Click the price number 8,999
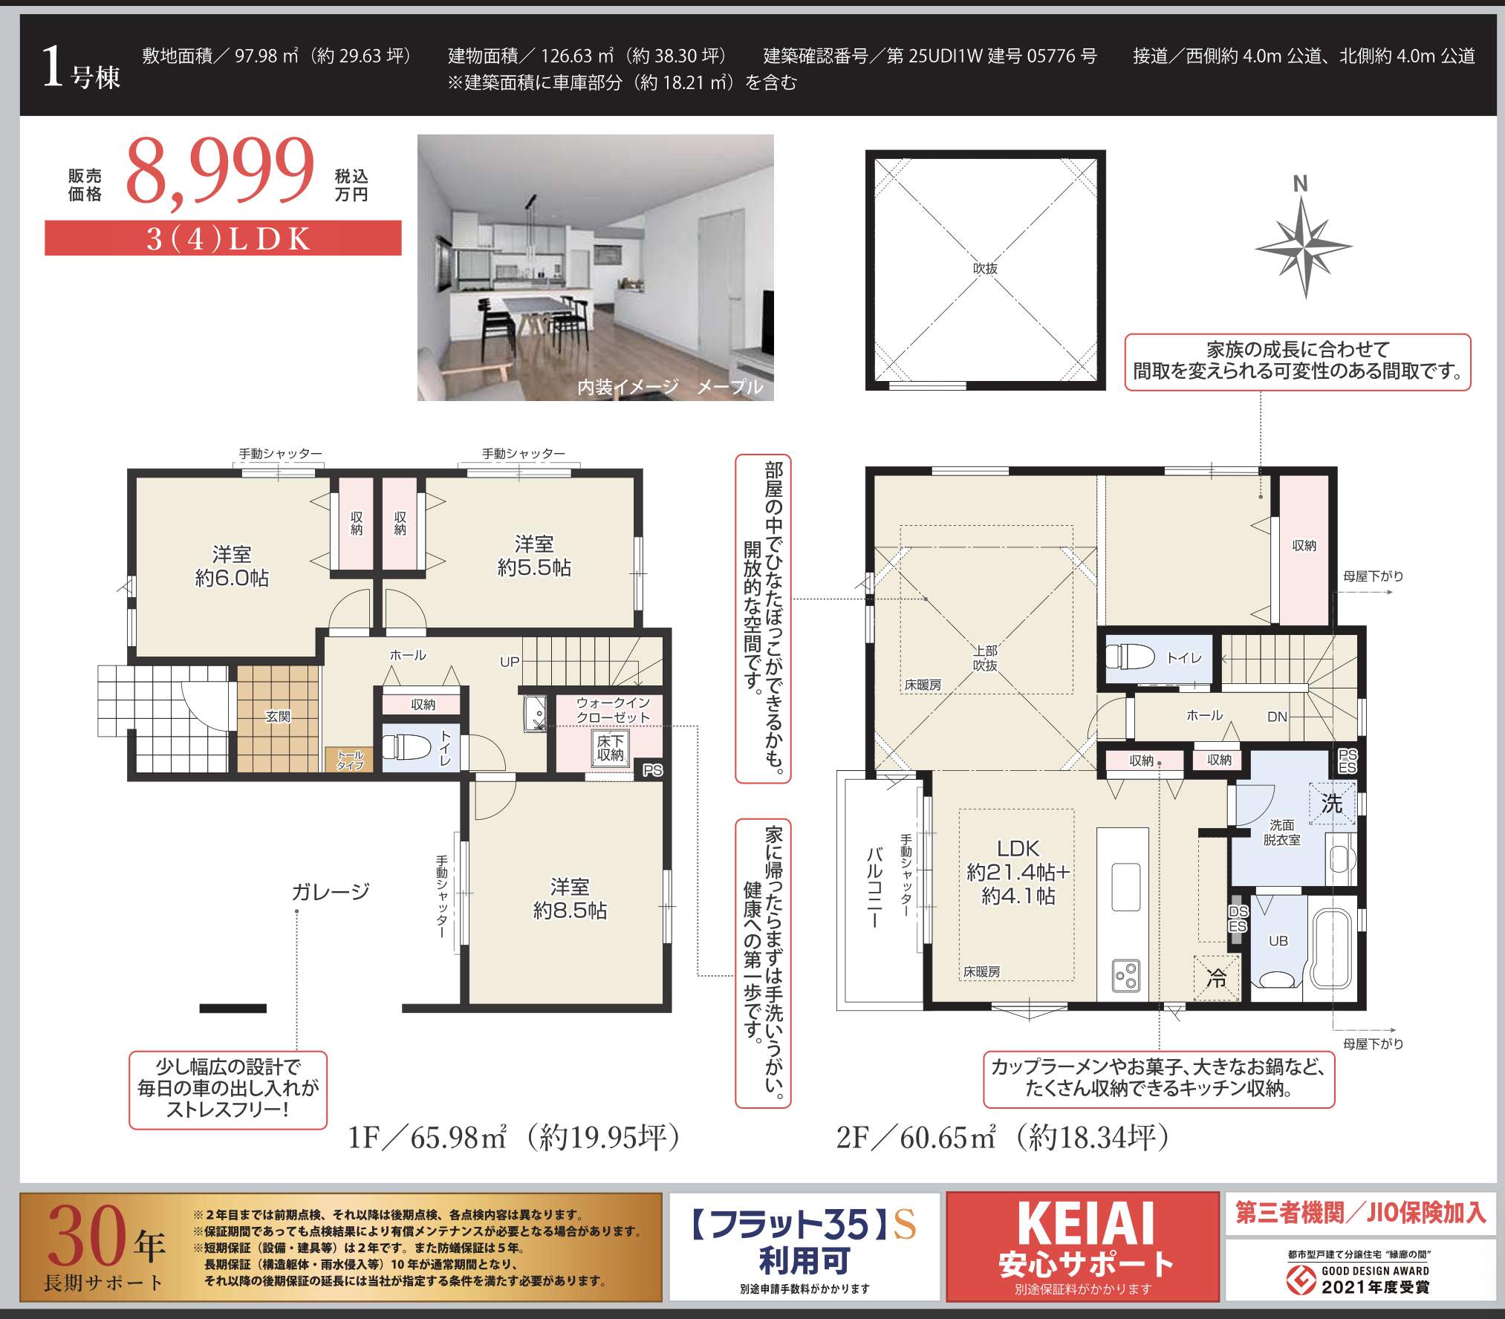[220, 171]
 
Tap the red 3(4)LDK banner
[223, 238]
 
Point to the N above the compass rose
[1300, 183]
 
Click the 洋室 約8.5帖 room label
[570, 899]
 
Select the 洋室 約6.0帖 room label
[232, 566]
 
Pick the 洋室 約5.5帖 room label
[534, 556]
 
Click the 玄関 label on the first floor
[278, 717]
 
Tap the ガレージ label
[331, 891]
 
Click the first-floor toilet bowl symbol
[406, 747]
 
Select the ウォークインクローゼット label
[613, 710]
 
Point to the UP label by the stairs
[510, 662]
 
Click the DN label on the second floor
[1277, 717]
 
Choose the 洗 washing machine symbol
[1332, 803]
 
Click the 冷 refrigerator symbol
[1216, 977]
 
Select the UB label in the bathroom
[1278, 941]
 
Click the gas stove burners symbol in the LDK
[1126, 975]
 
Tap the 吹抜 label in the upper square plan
[985, 268]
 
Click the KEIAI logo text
[1085, 1223]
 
